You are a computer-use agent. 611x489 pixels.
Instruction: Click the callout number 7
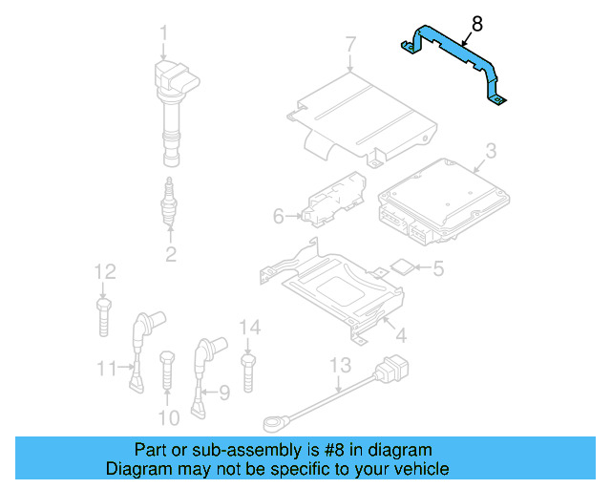350,43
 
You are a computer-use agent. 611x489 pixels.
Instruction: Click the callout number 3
490,150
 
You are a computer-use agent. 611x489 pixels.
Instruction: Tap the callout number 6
279,217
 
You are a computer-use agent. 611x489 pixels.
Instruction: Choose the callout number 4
401,335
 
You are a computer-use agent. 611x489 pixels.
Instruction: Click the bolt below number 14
249,372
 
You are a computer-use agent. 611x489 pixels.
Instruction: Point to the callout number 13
341,365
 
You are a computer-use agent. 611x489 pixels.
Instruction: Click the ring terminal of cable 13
274,420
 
